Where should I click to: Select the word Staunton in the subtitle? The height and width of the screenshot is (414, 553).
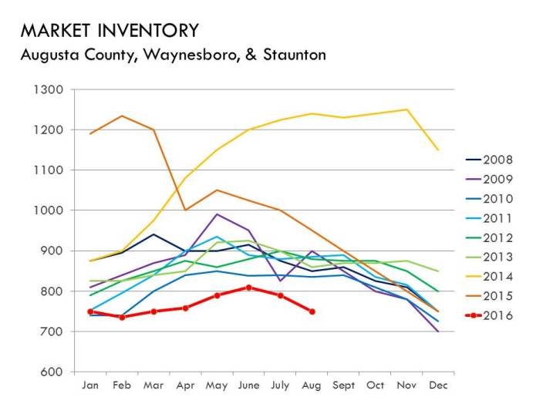pyautogui.click(x=291, y=55)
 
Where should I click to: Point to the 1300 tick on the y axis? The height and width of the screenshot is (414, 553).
pyautogui.click(x=48, y=89)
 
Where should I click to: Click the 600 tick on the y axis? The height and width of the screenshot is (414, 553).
pyautogui.click(x=51, y=372)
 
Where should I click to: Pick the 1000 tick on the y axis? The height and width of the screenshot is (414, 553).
pyautogui.click(x=48, y=210)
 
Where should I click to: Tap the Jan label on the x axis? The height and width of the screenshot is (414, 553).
pyautogui.click(x=90, y=385)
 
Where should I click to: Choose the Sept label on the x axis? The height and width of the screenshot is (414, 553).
pyautogui.click(x=344, y=385)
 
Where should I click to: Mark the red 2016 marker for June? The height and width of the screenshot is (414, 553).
pyautogui.click(x=249, y=287)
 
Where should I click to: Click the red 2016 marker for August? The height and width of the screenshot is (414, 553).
pyautogui.click(x=312, y=311)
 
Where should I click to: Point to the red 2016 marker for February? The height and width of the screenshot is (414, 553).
pyautogui.click(x=122, y=317)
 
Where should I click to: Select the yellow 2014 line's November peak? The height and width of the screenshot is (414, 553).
pyautogui.click(x=407, y=109)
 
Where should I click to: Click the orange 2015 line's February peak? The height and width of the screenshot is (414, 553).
pyautogui.click(x=122, y=116)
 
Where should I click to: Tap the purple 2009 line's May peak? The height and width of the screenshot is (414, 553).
pyautogui.click(x=217, y=214)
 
